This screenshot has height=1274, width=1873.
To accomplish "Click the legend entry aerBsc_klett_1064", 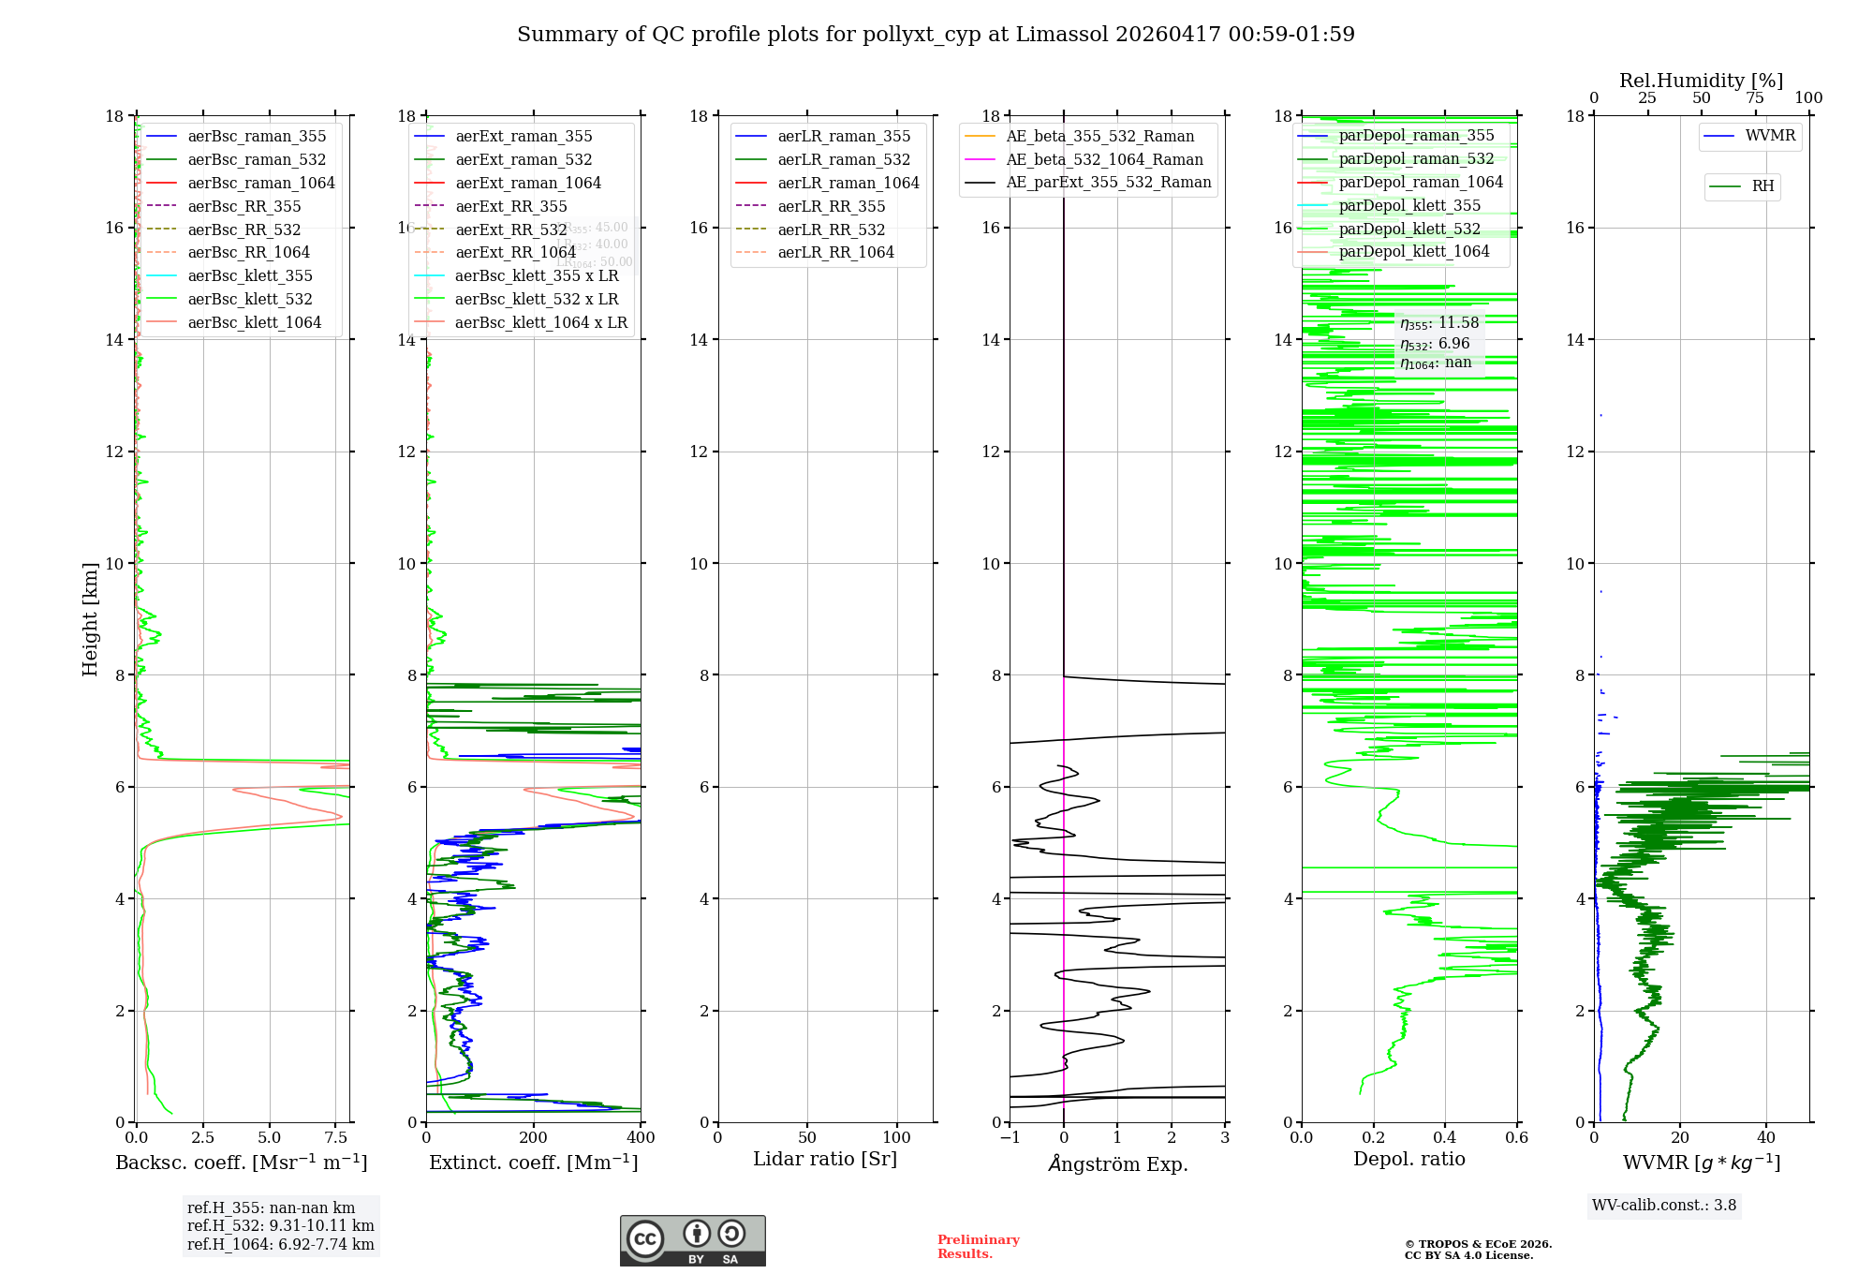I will pyautogui.click(x=254, y=322).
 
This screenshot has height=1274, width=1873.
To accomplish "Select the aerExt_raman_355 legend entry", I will pyautogui.click(x=524, y=137).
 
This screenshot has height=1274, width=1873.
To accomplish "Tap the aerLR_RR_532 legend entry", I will pyautogui.click(x=831, y=230).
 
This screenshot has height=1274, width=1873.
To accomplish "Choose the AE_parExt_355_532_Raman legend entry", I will pyautogui.click(x=1108, y=183).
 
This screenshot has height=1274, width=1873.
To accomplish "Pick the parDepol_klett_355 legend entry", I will pyautogui.click(x=1409, y=205).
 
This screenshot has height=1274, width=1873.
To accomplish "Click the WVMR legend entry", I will pyautogui.click(x=1770, y=136).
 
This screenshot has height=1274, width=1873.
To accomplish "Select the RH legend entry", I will pyautogui.click(x=1762, y=186).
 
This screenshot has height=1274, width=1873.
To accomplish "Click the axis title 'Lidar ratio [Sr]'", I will pyautogui.click(x=825, y=1159).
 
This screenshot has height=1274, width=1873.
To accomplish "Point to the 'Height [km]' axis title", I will pyautogui.click(x=90, y=619).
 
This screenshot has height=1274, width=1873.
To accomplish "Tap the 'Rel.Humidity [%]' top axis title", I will pyautogui.click(x=1701, y=81).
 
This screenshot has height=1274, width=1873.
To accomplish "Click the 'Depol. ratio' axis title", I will pyautogui.click(x=1408, y=1159).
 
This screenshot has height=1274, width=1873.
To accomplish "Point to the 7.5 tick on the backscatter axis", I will pyautogui.click(x=336, y=1138).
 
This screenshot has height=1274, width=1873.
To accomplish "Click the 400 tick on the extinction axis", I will pyautogui.click(x=642, y=1138).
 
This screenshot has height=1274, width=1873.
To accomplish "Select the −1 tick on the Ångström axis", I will pyautogui.click(x=1009, y=1138).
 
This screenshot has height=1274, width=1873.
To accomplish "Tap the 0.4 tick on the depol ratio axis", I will pyautogui.click(x=1445, y=1138).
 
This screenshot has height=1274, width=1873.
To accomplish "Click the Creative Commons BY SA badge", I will pyautogui.click(x=692, y=1240).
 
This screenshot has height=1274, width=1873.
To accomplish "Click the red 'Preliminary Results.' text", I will pyautogui.click(x=978, y=1247).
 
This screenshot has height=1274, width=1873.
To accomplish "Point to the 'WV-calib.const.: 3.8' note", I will pyautogui.click(x=1664, y=1206).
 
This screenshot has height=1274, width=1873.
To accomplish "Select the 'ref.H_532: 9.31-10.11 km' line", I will pyautogui.click(x=280, y=1226).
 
